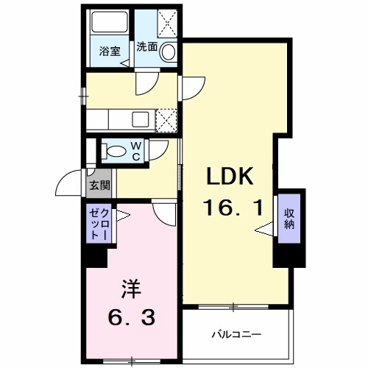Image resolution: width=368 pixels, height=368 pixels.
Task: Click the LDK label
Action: click(229, 178)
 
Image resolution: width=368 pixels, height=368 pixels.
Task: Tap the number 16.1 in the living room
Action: click(233, 209)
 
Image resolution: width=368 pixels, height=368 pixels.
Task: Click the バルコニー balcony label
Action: click(237, 334)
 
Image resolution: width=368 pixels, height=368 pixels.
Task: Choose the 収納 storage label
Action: click(289, 219)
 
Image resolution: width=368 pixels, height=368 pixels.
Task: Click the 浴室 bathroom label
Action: click(110, 52)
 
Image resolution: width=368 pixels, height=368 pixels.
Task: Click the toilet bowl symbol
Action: click(115, 150)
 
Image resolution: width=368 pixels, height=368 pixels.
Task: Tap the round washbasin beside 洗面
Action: click(169, 52)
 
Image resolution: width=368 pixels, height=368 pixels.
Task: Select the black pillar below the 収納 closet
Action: click(289, 255)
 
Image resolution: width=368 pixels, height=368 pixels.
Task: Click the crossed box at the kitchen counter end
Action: click(167, 118)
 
